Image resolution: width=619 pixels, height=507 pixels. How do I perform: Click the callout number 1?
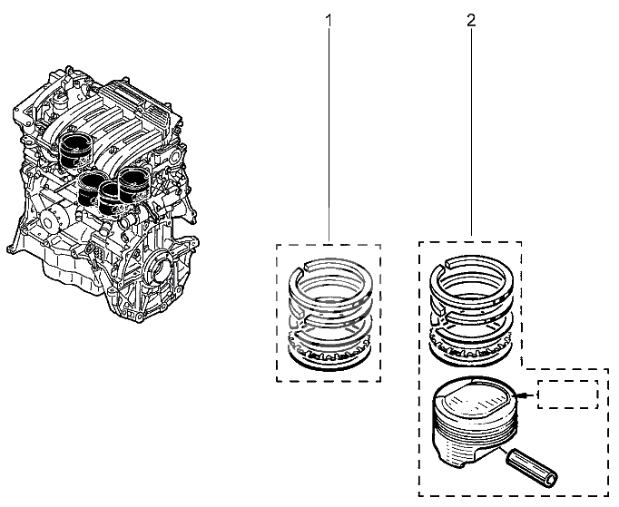329,21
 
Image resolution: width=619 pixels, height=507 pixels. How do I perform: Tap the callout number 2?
471,21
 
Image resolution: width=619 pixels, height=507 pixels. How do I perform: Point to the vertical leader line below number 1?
329,135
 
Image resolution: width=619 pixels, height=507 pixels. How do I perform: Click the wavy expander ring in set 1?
330,349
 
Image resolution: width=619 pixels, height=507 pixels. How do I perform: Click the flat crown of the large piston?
473,398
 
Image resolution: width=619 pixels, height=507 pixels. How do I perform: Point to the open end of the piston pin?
551,480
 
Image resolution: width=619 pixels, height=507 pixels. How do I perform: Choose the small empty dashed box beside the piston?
567,395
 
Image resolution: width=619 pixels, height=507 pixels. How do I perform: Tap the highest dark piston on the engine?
75,151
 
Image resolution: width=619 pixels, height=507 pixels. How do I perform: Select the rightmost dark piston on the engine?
134,185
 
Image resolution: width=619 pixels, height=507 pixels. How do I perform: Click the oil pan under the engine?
71,272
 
